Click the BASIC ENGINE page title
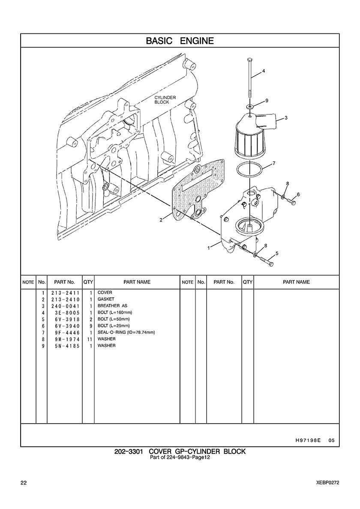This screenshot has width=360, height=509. (180, 41)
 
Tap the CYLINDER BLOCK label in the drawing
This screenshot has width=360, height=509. (165, 100)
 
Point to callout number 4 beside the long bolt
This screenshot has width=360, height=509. (264, 71)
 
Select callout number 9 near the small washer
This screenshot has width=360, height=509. (267, 101)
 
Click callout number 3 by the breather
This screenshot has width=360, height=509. (286, 118)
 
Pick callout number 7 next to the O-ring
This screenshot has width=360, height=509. (274, 163)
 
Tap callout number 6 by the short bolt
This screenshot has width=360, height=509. (298, 195)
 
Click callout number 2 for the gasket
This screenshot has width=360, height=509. (161, 220)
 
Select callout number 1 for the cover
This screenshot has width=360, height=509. (210, 249)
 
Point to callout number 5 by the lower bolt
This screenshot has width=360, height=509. (276, 253)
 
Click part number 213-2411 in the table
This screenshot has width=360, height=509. (65, 293)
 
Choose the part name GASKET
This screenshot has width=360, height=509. (106, 299)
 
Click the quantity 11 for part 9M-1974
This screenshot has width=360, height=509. (90, 339)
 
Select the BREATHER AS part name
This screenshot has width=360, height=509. (112, 306)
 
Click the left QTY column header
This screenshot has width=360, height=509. (88, 282)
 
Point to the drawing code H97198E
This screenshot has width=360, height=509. (308, 440)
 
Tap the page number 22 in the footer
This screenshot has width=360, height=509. (24, 483)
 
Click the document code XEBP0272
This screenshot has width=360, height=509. (327, 483)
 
